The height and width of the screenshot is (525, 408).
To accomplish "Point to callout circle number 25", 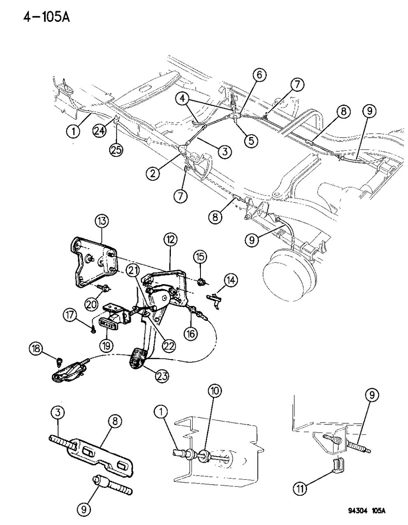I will click(x=117, y=150).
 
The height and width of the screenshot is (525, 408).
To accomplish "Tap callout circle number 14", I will click(x=231, y=280).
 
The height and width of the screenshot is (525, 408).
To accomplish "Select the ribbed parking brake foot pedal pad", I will click(x=138, y=357).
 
